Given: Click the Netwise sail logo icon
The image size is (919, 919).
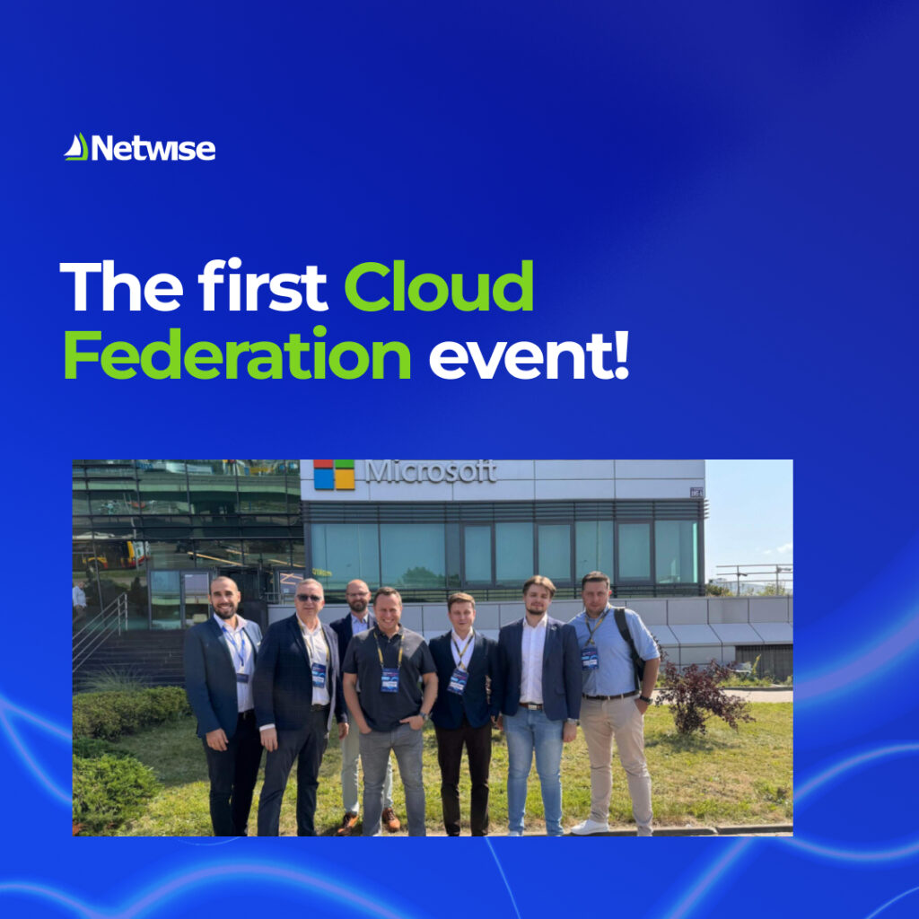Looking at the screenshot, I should point(76,147).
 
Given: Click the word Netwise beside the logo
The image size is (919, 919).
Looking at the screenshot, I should point(153,148).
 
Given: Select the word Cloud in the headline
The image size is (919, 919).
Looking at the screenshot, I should point(439,287).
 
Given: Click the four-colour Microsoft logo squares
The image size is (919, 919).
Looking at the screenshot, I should point(334,474).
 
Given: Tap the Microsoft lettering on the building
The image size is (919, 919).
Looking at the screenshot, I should point(431,471).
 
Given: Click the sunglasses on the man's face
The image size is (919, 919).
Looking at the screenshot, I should point(311,598).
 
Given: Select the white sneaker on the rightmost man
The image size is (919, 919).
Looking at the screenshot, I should point(591,827).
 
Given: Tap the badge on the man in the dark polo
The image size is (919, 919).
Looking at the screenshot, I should point(389,679).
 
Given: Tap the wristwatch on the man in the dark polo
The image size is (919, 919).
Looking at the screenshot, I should point(423,716).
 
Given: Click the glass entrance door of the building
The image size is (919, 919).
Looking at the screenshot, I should point(179,597).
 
